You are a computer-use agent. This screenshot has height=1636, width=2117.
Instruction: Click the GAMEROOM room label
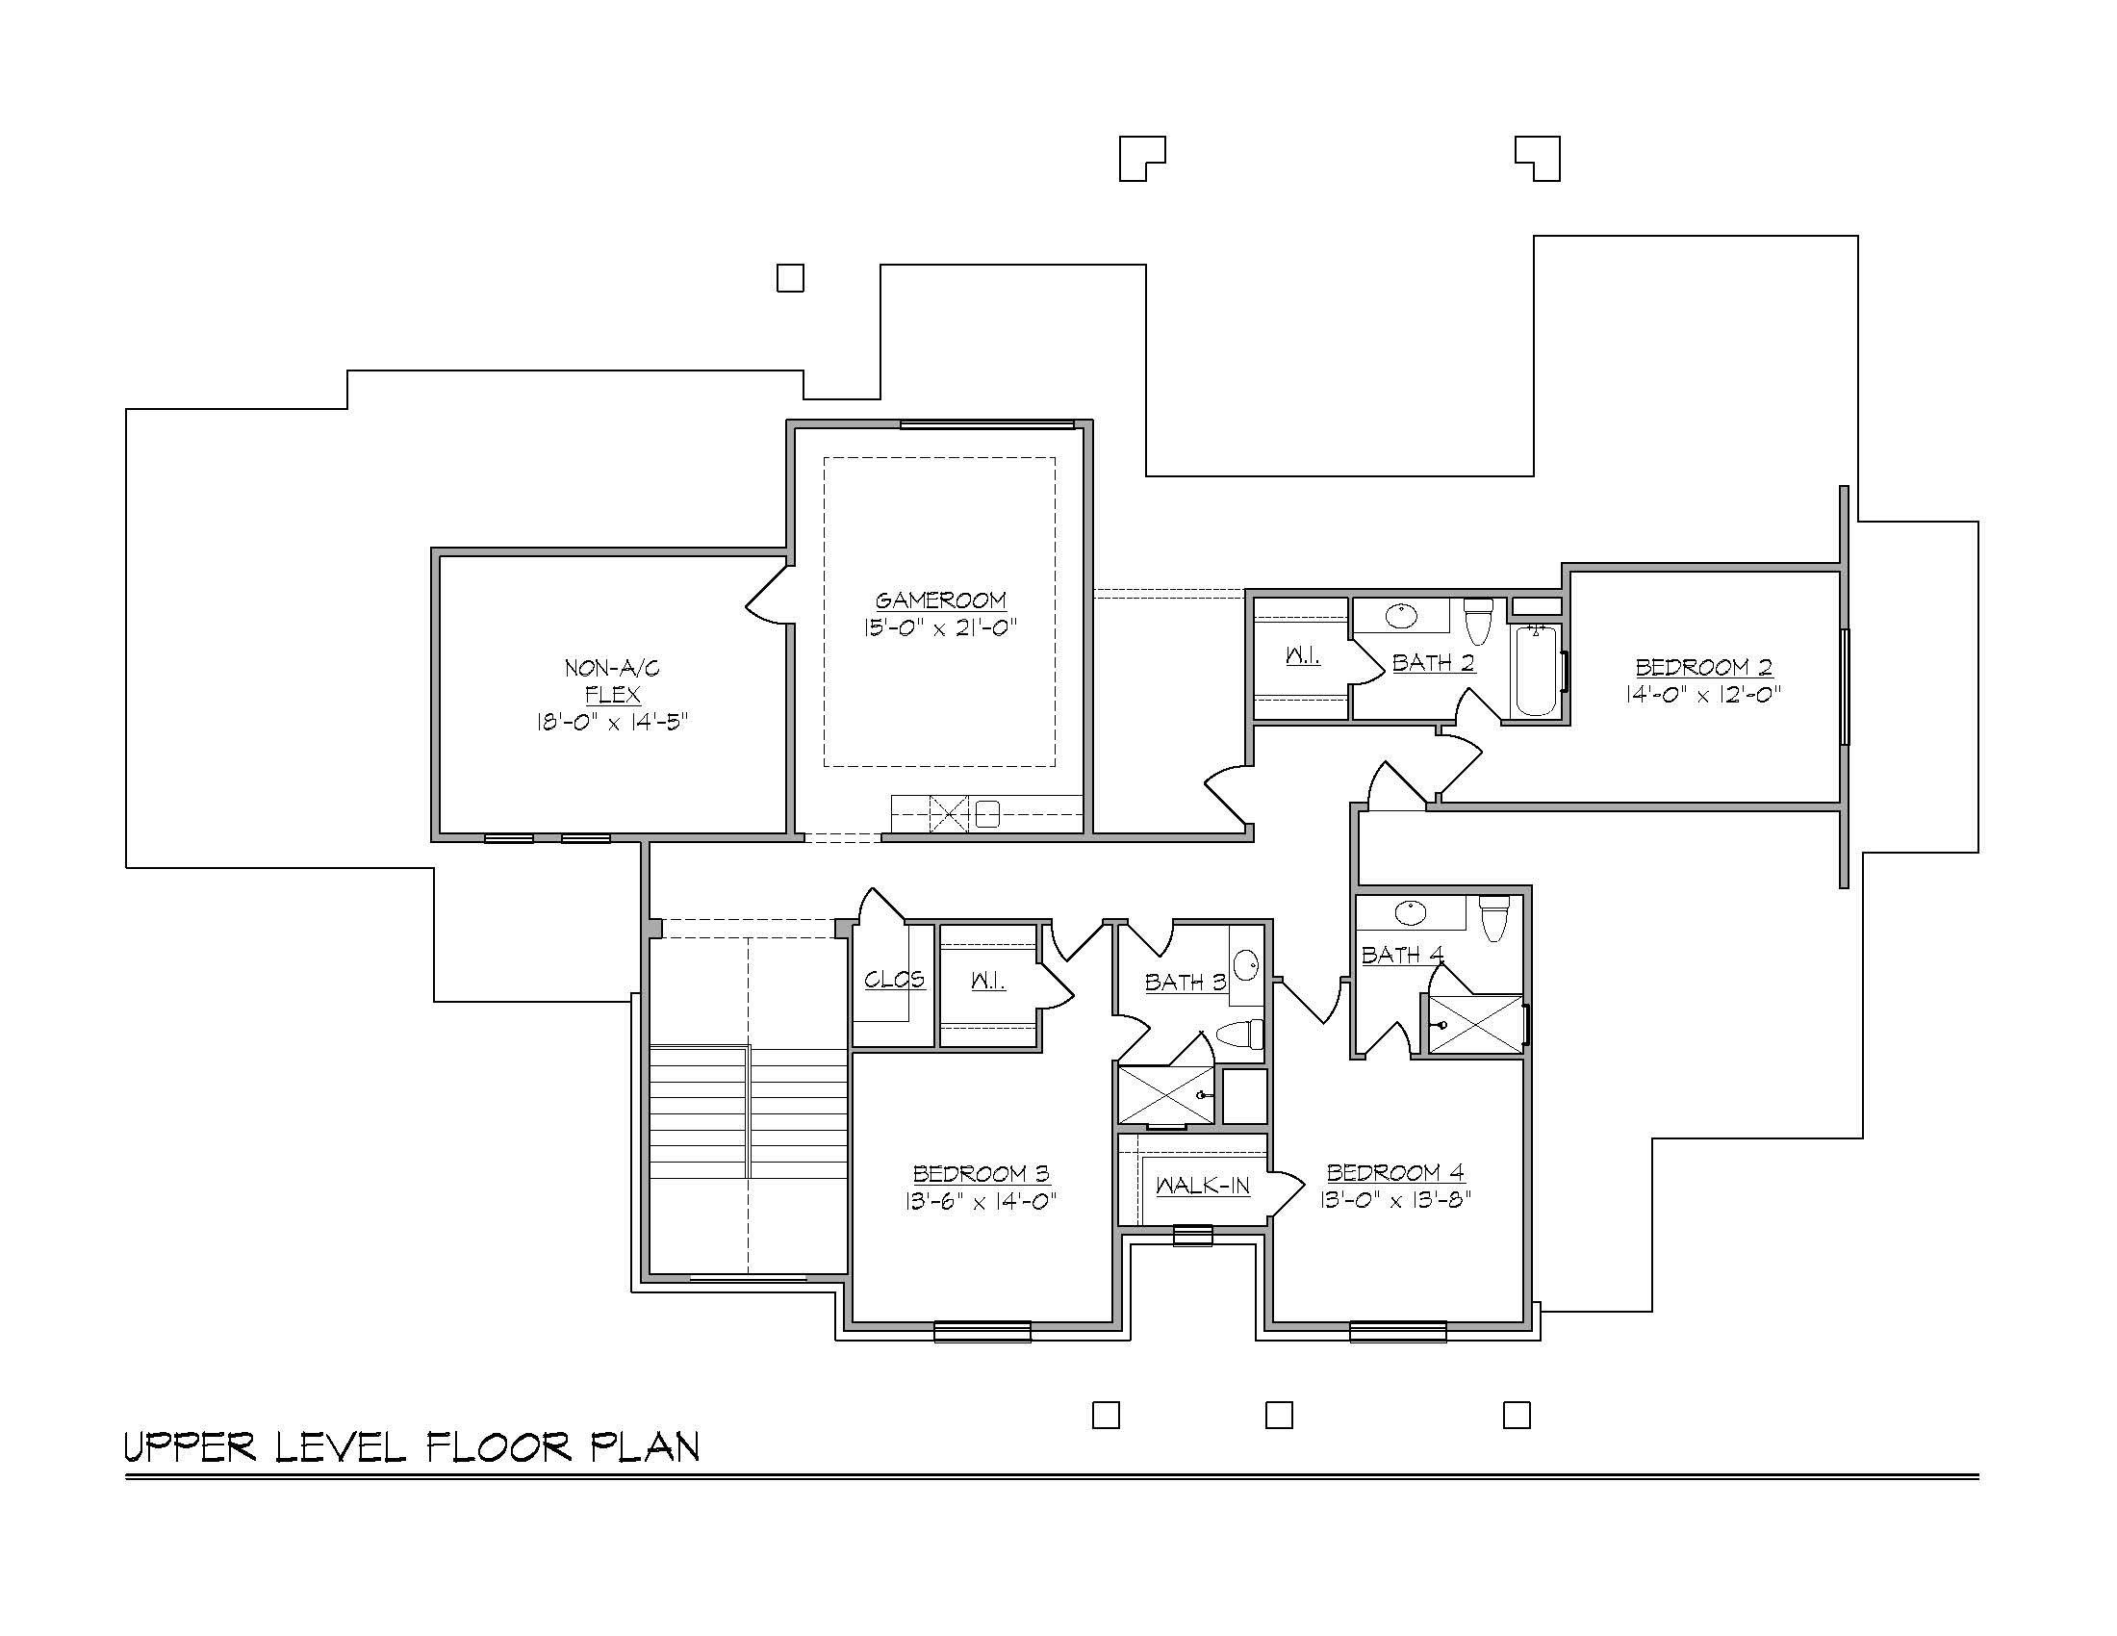pos(940,601)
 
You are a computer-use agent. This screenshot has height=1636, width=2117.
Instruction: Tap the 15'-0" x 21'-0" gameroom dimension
pos(940,628)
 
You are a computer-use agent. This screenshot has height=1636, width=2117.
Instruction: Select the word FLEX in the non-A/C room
pos(613,695)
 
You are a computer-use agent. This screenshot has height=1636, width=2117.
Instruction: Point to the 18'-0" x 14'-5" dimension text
pos(613,722)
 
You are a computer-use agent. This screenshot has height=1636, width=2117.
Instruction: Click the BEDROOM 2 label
pos(1704,667)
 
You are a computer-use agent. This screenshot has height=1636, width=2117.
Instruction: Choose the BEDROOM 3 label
pos(981,1174)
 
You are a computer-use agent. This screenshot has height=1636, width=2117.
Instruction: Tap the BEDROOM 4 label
pos(1396,1173)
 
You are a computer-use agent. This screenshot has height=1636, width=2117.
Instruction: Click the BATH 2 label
pos(1434,663)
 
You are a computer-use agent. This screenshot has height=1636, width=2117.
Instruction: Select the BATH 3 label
pos(1186,983)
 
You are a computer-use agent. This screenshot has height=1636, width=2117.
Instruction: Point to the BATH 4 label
pos(1403,956)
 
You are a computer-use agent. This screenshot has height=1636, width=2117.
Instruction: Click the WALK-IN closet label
pos(1203,1186)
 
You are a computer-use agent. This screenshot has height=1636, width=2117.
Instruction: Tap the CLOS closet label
pos(894,980)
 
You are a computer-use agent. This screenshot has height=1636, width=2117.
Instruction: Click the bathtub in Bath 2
pos(1536,672)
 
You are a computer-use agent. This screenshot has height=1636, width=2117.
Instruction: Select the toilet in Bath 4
pos(1493,918)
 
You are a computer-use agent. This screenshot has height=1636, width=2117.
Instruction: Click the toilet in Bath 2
pos(1477,622)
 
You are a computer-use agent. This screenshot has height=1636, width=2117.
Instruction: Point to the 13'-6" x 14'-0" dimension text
pos(981,1202)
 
